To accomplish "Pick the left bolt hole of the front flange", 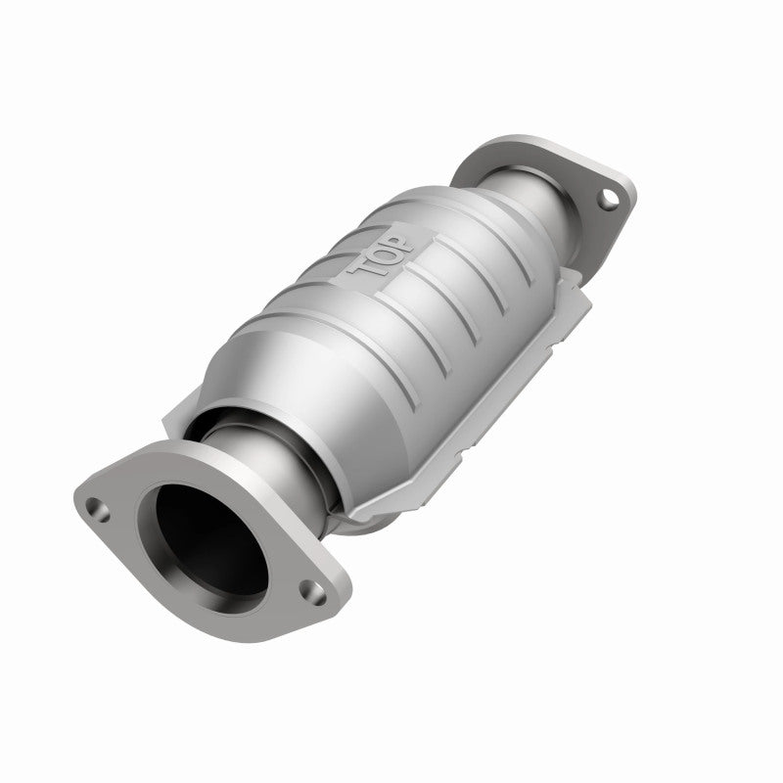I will (96, 508).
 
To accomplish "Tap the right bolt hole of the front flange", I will (310, 591).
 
